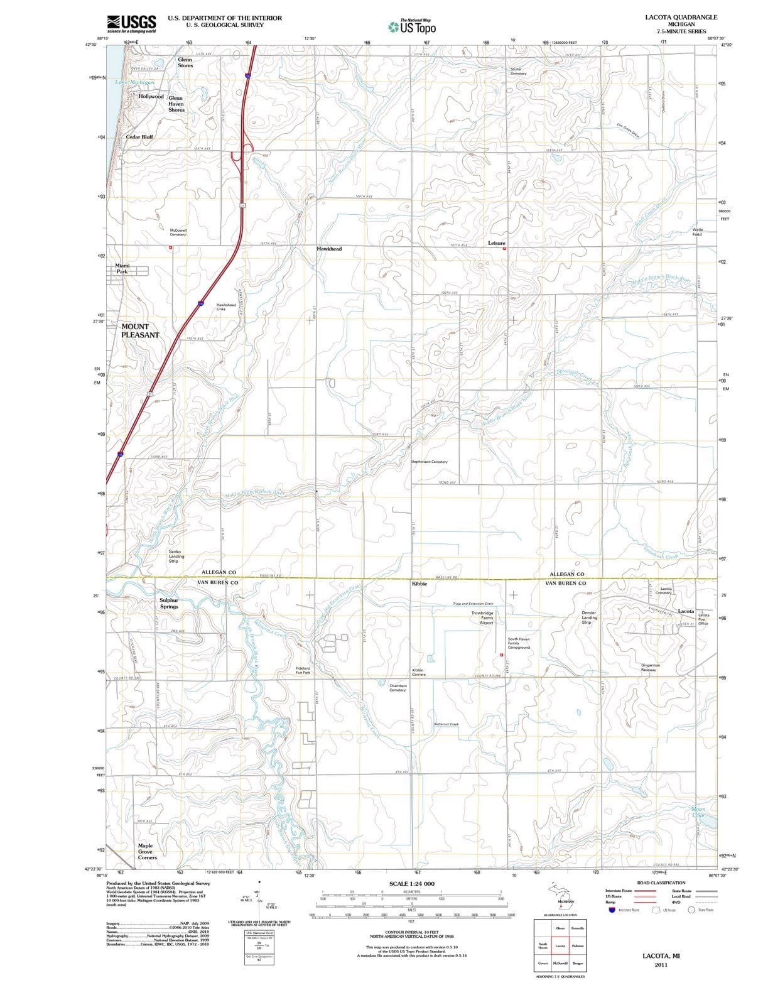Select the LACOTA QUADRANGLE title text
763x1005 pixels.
[681, 18]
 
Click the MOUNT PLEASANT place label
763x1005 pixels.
[140, 330]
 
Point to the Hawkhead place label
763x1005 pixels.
[329, 249]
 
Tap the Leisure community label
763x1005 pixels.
[496, 243]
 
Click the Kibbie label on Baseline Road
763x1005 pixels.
[419, 584]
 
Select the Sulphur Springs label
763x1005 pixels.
[169, 603]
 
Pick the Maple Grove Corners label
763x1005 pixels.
[147, 851]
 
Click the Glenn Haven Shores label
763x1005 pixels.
[176, 104]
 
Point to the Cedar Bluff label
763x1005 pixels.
[139, 136]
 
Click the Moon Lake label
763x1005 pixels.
[698, 812]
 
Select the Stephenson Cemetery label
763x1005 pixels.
[429, 462]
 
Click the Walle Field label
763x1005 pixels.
[697, 232]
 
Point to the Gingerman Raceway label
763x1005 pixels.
[650, 667]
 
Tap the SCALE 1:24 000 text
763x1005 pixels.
[411, 884]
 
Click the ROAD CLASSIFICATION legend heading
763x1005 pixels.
[661, 883]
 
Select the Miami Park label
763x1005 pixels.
[122, 268]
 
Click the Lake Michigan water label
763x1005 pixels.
[134, 83]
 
